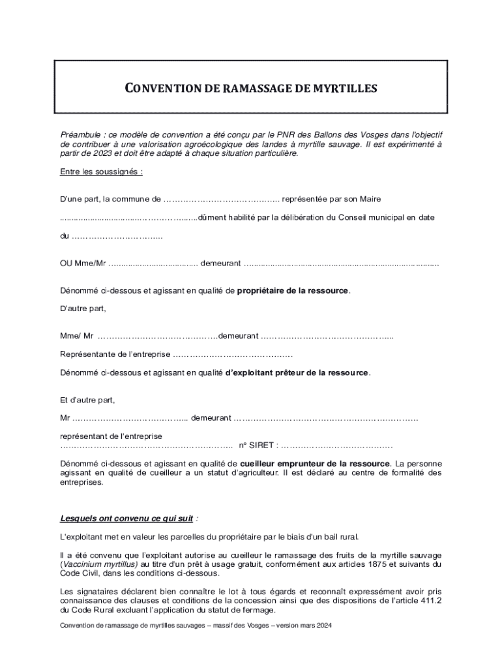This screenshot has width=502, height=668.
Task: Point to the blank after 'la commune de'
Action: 222,198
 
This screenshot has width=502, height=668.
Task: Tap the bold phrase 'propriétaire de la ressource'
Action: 293,290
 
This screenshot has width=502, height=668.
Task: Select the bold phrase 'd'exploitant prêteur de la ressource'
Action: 297,372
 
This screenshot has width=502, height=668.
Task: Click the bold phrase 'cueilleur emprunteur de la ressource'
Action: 316,463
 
